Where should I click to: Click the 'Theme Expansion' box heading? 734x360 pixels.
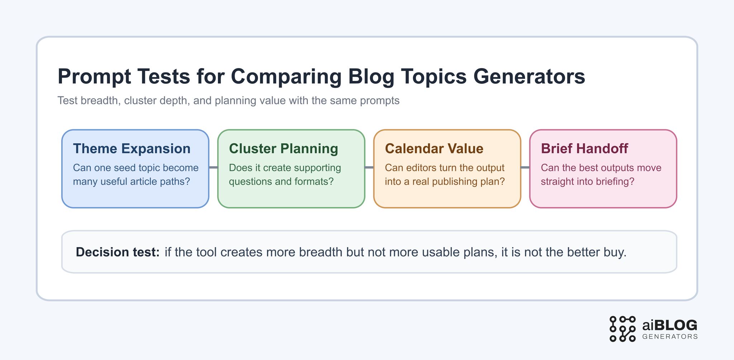pyautogui.click(x=132, y=149)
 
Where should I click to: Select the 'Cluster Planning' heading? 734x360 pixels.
pyautogui.click(x=283, y=149)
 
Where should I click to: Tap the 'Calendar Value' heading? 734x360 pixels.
pyautogui.click(x=434, y=149)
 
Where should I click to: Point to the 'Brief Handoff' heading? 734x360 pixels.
pyautogui.click(x=584, y=149)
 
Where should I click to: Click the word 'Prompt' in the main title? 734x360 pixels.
pyautogui.click(x=94, y=76)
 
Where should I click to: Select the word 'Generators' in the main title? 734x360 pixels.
pyautogui.click(x=529, y=76)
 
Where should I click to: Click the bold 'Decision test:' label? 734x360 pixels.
pyautogui.click(x=118, y=252)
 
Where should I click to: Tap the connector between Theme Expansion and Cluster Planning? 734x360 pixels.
pyautogui.click(x=213, y=167)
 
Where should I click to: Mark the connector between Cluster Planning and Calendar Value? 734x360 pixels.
pyautogui.click(x=369, y=167)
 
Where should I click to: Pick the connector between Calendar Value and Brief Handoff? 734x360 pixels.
pyautogui.click(x=525, y=167)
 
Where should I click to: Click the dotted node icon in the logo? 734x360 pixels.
pyautogui.click(x=623, y=329)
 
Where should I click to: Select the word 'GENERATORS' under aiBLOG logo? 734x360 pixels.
pyautogui.click(x=670, y=337)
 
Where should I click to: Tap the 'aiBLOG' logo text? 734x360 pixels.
pyautogui.click(x=670, y=325)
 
